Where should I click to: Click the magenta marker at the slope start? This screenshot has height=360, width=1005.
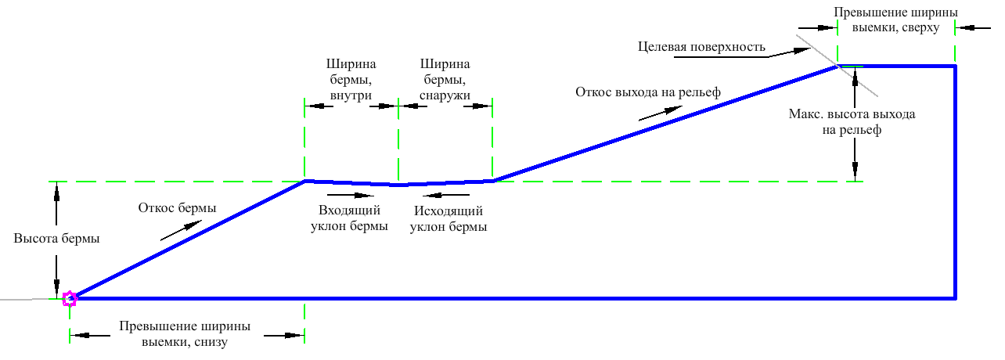[x=69, y=298]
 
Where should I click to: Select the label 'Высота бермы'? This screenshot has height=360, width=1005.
[x=56, y=239]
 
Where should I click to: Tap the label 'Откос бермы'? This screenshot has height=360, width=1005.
[x=177, y=207]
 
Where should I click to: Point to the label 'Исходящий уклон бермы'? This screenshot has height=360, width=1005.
[x=448, y=219]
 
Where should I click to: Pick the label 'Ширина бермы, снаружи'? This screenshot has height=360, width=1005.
[x=446, y=79]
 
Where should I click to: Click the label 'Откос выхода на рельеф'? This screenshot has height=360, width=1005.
[x=648, y=92]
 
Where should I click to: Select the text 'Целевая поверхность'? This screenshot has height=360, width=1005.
[x=701, y=48]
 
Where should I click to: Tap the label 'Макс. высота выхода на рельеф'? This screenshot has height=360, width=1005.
[x=852, y=122]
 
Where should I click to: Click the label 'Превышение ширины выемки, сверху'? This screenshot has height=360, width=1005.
[x=895, y=20]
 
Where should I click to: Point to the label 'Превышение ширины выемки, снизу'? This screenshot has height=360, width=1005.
[x=186, y=333]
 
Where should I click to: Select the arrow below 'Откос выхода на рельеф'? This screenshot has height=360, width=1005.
[x=655, y=114]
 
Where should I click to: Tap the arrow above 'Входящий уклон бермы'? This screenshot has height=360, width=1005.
[x=348, y=194]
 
